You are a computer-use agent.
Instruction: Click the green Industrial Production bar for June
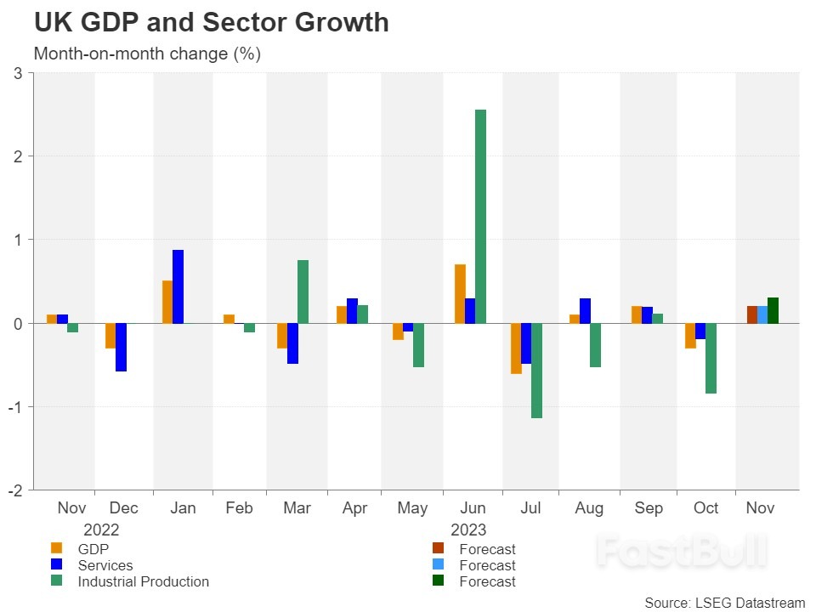pos(480,216)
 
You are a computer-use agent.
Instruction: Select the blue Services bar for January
pos(178,286)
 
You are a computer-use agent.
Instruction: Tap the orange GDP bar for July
pos(516,348)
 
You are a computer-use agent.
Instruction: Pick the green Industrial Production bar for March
pos(303,292)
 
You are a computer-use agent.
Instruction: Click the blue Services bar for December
pos(121,347)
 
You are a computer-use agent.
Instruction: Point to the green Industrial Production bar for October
pos(711,358)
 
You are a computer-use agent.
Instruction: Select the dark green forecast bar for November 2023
pos(773,310)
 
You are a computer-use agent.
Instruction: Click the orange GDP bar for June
pos(460,293)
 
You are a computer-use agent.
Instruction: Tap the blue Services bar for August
pos(585,310)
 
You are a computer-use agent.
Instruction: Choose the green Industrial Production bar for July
pos(536,371)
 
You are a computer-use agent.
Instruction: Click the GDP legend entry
pos(93,549)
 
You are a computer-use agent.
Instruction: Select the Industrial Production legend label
pos(143,581)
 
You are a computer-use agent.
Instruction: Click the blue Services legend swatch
pos(57,565)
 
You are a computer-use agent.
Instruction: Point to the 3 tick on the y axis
pos(18,73)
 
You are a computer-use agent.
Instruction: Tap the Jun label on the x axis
pos(472,508)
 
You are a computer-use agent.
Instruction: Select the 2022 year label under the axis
pos(101,529)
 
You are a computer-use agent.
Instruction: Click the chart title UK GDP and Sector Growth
pos(211,23)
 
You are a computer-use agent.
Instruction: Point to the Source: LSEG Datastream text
pos(724,602)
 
